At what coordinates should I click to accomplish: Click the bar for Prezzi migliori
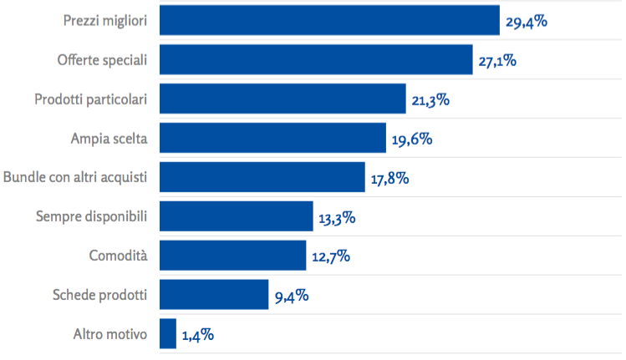pos(328,20)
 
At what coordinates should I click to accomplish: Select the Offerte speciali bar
pos(315,59)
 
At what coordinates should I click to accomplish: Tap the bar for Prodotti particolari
pos(282,99)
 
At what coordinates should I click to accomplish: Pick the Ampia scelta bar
pos(272,138)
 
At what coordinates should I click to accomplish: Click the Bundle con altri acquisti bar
pos(262,177)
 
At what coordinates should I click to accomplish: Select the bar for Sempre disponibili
pos(236,216)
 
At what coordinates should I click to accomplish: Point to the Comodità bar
pos(232,256)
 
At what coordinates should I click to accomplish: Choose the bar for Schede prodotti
pos(213,295)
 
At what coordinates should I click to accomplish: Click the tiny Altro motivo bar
pos(167,334)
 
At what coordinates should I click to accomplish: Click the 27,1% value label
pos(498,61)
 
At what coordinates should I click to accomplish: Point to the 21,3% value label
pos(430,100)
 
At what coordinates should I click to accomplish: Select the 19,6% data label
pos(411,139)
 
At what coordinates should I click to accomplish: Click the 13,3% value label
pos(337,218)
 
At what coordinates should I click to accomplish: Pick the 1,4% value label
pos(197,336)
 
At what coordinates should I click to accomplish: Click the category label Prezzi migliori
pos(105,20)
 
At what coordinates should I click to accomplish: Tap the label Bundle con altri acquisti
pos(75,177)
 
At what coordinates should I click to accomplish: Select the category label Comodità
pos(118,256)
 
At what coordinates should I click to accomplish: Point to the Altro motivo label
pos(110,334)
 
